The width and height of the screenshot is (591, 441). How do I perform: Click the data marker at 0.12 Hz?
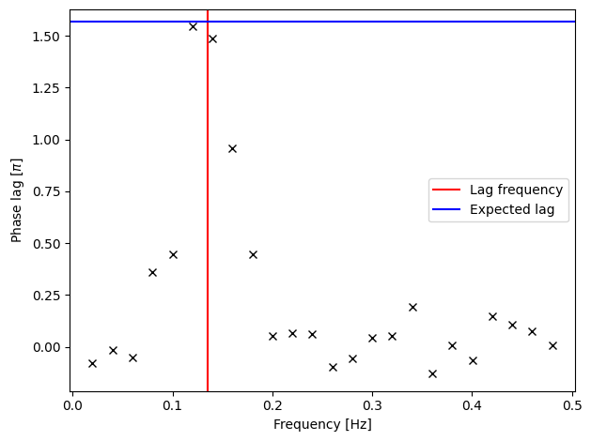pos(193,26)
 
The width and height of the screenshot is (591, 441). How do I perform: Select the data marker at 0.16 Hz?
pos(233,148)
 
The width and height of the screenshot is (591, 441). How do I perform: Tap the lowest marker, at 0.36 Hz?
pos(433,373)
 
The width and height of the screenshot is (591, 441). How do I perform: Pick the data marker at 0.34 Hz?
pos(412,308)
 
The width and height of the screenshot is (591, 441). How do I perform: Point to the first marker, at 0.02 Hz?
pos(93,363)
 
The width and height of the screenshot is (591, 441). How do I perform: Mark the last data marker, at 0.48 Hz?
pos(552,346)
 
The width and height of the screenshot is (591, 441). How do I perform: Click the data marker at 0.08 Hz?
pos(152,272)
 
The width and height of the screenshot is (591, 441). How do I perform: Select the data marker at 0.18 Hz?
pos(254,254)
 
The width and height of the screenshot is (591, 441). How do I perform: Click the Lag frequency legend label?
pos(516,190)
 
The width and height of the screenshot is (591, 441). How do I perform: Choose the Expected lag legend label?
pos(512,209)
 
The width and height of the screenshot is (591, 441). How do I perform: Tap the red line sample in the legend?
pos(446,190)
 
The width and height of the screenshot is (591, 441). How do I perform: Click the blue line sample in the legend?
pos(446,209)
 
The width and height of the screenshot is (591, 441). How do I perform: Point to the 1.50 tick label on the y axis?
pos(46,37)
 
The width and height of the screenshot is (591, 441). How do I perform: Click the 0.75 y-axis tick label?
pos(46,192)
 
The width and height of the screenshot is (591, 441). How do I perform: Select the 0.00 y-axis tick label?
pos(46,347)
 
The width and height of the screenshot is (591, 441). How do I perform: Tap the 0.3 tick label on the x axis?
pos(372,406)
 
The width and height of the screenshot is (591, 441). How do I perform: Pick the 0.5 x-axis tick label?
pos(572,406)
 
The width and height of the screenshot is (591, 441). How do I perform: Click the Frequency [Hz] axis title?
pos(322,424)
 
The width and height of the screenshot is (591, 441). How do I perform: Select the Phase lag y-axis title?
pos(17,201)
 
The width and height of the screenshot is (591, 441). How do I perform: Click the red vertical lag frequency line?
pos(208,201)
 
